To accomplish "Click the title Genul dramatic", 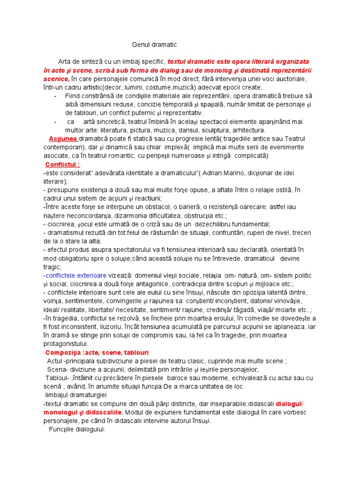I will coord(154,45).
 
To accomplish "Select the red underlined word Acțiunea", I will coord(63,139).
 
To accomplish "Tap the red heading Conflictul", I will coord(62,165).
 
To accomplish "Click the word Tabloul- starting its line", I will coord(57,378).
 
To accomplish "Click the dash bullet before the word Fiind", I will coord(56,96).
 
